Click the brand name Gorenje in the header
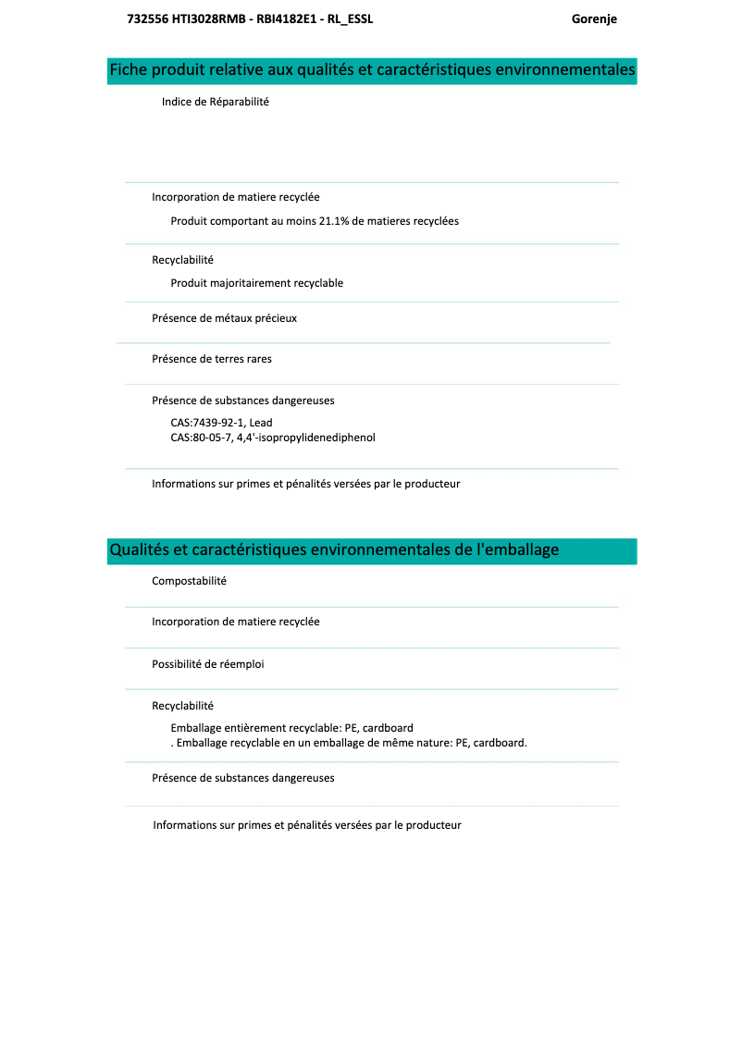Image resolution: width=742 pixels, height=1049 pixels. tap(594, 19)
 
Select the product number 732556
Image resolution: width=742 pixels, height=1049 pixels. tap(145, 19)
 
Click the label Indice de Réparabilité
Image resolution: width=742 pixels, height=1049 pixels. tap(215, 102)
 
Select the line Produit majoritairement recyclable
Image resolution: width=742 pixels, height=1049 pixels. tap(256, 283)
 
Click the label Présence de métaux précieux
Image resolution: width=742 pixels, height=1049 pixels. tap(224, 318)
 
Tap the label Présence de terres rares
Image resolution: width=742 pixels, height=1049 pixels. tap(212, 359)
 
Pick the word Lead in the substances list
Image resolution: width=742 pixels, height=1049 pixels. tap(261, 423)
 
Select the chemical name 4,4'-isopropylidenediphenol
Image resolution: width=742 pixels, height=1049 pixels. tap(305, 438)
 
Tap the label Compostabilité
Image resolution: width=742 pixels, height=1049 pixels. tap(189, 581)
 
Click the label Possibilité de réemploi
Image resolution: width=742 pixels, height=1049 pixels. tap(207, 664)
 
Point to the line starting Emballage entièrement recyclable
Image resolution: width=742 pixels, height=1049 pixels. tap(291, 728)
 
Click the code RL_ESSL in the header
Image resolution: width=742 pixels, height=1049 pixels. tap(351, 19)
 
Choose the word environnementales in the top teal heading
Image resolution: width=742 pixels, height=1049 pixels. tap(565, 70)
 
